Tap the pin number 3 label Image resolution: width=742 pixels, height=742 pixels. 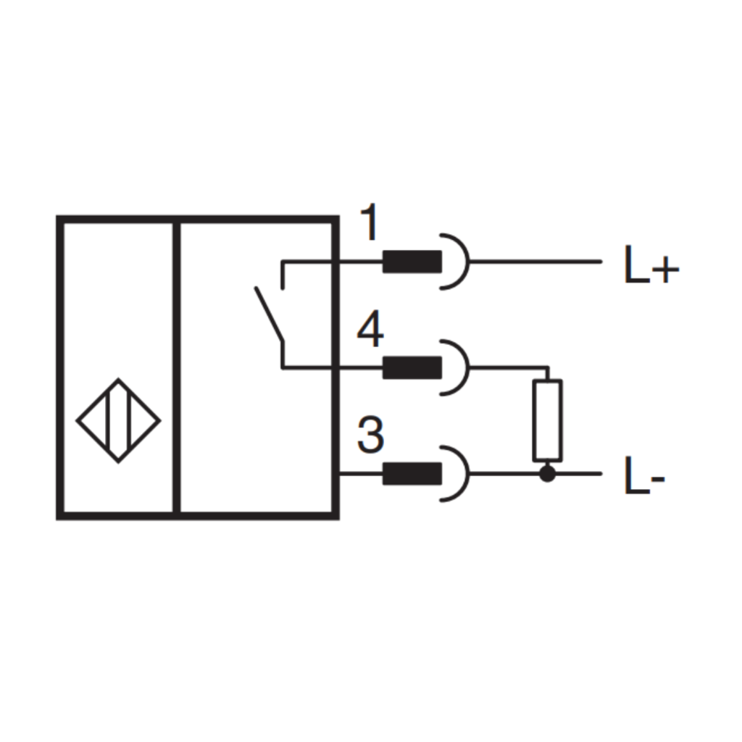point(370,435)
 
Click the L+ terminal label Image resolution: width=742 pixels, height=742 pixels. point(651,264)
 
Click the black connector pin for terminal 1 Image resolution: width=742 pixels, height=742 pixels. point(412,262)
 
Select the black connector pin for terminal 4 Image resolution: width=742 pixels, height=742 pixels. point(412,367)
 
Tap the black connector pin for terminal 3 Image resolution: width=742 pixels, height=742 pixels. point(412,474)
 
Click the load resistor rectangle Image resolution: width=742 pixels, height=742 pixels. point(548,420)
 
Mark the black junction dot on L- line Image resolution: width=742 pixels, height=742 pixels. point(548,474)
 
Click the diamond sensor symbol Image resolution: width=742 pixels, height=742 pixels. point(118,421)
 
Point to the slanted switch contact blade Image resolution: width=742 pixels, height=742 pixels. point(270,314)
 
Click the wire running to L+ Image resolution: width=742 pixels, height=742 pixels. point(535,262)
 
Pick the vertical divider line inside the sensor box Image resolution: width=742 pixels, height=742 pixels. point(177,367)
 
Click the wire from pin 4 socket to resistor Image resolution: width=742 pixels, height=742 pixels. point(509,367)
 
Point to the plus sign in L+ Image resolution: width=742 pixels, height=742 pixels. point(666,271)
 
